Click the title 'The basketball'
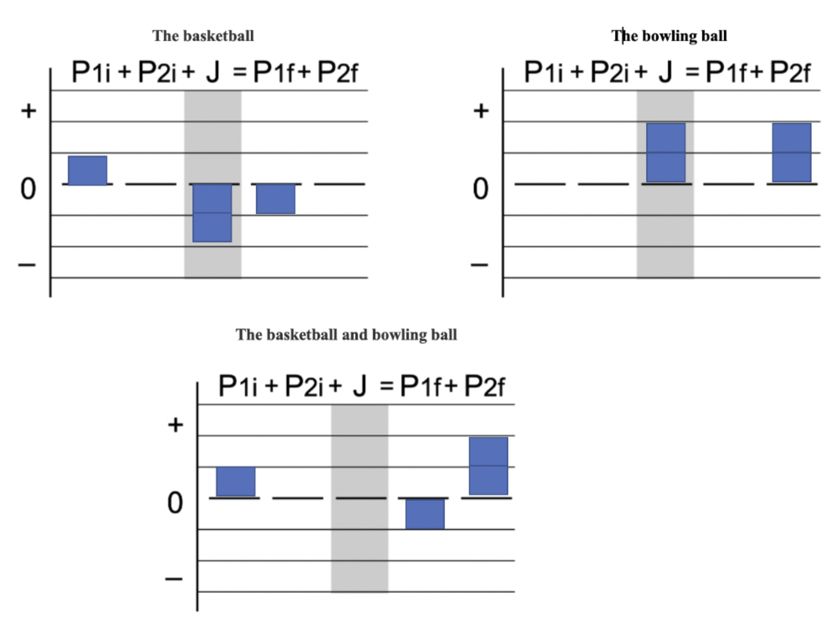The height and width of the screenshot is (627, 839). tap(203, 36)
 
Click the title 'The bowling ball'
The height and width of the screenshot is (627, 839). tap(669, 36)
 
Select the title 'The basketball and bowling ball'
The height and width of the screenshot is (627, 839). tap(346, 335)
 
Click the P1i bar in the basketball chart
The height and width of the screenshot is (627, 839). tap(88, 171)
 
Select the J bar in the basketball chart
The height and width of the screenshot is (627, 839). tap(212, 213)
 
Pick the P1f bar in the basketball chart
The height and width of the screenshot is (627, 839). tap(275, 199)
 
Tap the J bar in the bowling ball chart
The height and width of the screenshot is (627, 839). tap(666, 153)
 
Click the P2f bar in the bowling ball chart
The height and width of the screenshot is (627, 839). tap(791, 153)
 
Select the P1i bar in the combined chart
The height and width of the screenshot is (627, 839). tap(235, 482)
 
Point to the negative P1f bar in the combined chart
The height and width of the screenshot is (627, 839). tap(425, 514)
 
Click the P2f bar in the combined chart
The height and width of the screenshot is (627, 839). tap(488, 466)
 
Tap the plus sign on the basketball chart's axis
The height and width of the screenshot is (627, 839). tap(28, 111)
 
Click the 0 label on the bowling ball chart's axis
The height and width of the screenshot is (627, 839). tap(481, 189)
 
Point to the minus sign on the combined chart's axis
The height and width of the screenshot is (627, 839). tap(174, 579)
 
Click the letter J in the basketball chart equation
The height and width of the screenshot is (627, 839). tap(213, 72)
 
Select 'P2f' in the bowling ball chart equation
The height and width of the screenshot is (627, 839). tap(790, 72)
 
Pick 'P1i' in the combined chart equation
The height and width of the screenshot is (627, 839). tap(238, 386)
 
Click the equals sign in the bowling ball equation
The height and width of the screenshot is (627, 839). tap(692, 72)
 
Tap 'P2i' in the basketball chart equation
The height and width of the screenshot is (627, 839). tap(156, 72)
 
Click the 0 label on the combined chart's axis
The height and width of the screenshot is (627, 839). tap(175, 503)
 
